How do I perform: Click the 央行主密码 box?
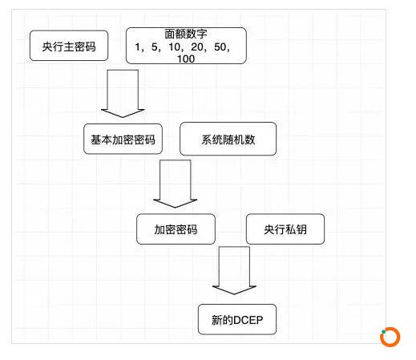click(x=69, y=46)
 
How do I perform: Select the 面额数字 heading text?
click(x=186, y=34)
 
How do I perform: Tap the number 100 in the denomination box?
click(x=186, y=59)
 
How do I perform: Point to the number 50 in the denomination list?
click(x=220, y=47)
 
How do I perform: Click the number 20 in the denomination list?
click(x=197, y=47)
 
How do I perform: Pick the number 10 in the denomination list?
click(x=175, y=47)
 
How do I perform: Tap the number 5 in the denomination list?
click(x=155, y=47)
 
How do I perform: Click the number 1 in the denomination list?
click(x=138, y=47)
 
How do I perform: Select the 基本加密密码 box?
click(x=123, y=139)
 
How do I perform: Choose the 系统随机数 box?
click(x=228, y=139)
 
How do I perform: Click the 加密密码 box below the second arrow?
click(x=176, y=229)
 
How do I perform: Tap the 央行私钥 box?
click(x=285, y=229)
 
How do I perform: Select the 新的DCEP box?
click(x=237, y=319)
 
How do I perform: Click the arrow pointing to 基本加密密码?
click(x=123, y=94)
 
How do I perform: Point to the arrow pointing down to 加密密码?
click(x=175, y=184)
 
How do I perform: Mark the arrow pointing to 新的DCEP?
click(x=234, y=270)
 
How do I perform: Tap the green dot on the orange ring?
click(x=383, y=332)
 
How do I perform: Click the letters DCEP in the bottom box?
click(x=248, y=320)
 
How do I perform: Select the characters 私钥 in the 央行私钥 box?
click(x=296, y=229)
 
